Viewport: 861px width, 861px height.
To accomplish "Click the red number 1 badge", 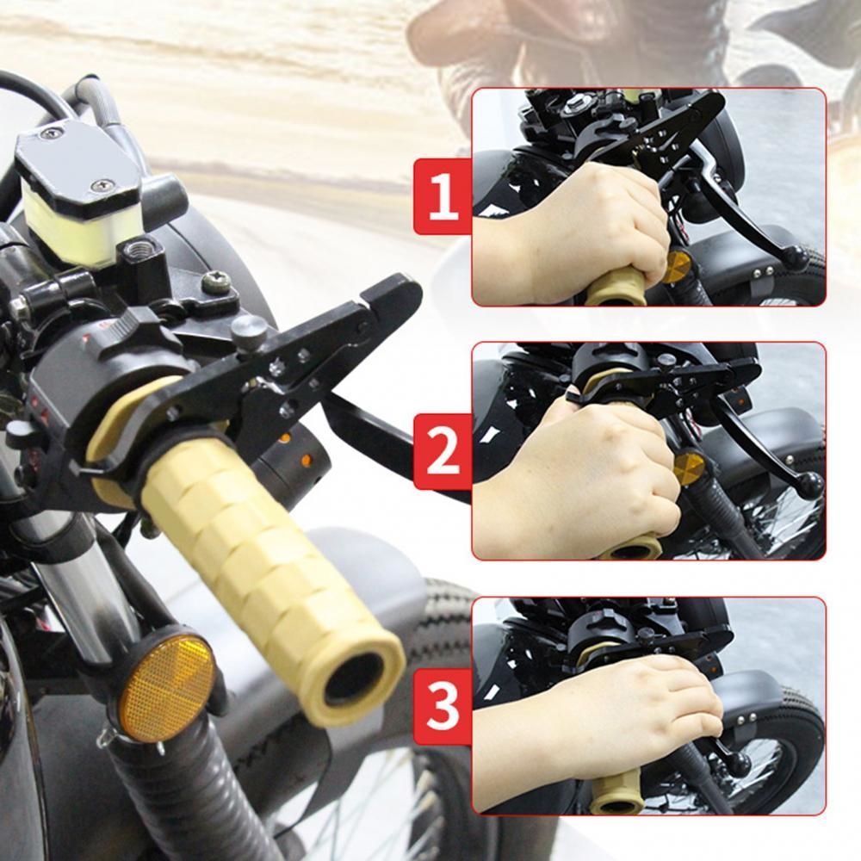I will pos(443,196).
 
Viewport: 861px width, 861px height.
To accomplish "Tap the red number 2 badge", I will pos(443,452).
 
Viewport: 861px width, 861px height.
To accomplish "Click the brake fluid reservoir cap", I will pos(73,164).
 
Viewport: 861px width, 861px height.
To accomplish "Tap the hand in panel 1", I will pos(585,224).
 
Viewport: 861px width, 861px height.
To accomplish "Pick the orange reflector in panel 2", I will pos(689,469).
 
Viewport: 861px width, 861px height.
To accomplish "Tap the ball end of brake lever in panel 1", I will pos(794,257).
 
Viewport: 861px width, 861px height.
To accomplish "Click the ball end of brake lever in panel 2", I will pos(809,484).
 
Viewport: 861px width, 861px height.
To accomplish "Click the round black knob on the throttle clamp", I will pos(249,331).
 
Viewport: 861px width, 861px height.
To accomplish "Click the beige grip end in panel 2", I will pos(633,548).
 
